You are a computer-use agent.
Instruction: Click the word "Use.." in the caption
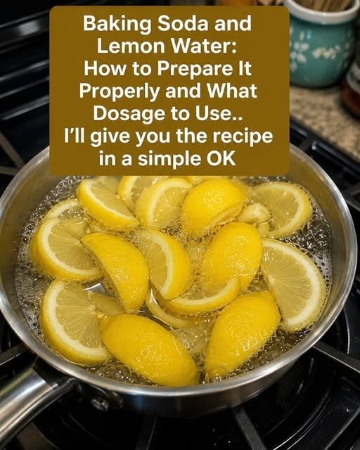point(219,114)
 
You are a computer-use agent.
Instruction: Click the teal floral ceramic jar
point(320,46)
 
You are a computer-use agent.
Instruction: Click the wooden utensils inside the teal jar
point(327,6)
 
